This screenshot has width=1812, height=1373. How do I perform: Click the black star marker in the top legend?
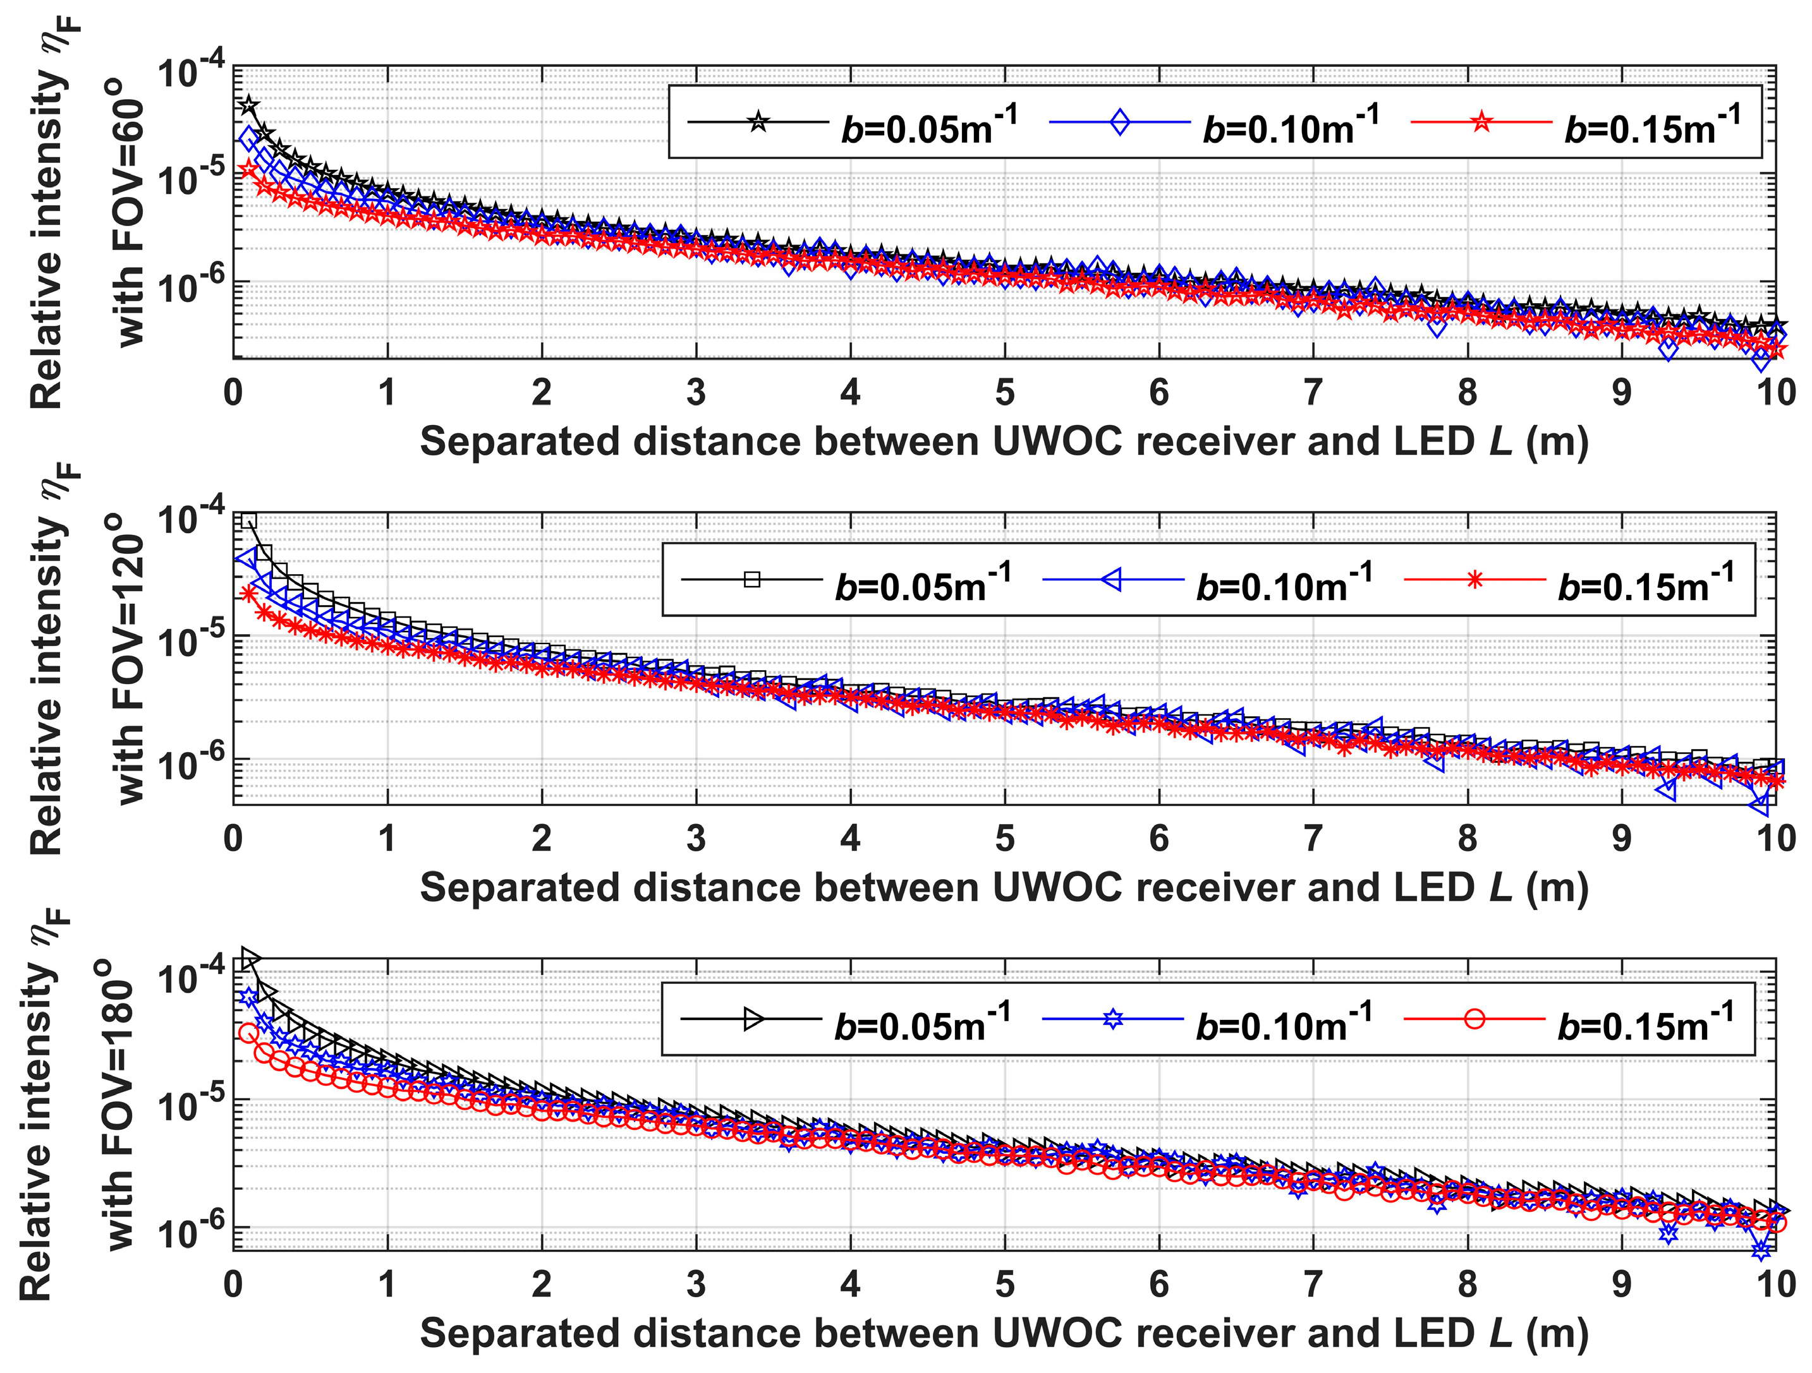coord(758,123)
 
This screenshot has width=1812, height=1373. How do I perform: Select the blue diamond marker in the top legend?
coord(1119,123)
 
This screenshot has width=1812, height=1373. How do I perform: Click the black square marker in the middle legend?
coord(752,580)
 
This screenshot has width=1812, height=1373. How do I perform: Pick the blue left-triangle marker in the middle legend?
coord(1112,580)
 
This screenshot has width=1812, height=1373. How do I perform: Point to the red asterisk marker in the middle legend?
coord(1475,580)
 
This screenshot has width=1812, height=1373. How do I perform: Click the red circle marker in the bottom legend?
coord(1474,1019)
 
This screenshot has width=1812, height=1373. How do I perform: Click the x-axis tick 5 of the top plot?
coord(1004,393)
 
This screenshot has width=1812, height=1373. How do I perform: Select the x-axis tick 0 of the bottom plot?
coord(233,1285)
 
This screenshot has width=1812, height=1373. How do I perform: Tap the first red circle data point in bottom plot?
coord(248,1034)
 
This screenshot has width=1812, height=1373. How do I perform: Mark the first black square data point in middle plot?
coord(249,520)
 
